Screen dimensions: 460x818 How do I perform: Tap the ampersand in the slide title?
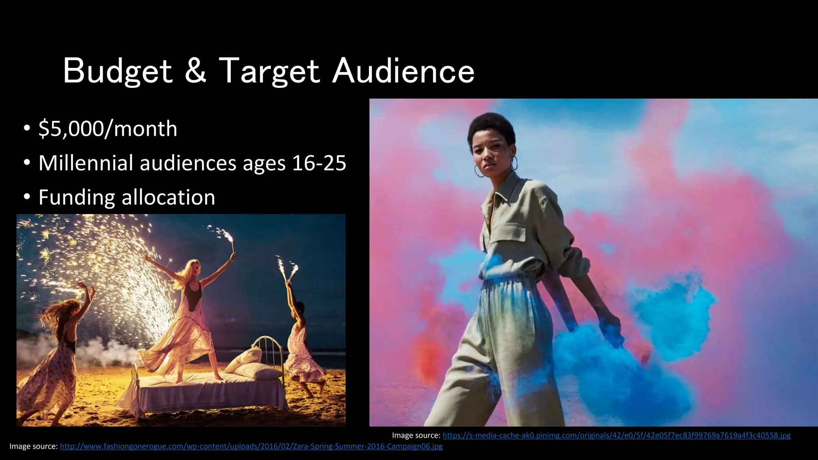[x=196, y=71]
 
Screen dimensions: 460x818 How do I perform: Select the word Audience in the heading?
[x=403, y=71]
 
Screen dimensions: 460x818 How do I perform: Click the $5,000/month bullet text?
[x=108, y=129]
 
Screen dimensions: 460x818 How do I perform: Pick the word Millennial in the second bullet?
[x=86, y=163]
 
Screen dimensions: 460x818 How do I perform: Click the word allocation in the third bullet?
[x=168, y=198]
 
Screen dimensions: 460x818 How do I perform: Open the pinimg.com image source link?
[x=616, y=435]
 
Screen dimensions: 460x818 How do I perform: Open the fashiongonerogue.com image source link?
[x=251, y=446]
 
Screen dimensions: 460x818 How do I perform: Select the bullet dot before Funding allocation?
[x=27, y=198]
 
